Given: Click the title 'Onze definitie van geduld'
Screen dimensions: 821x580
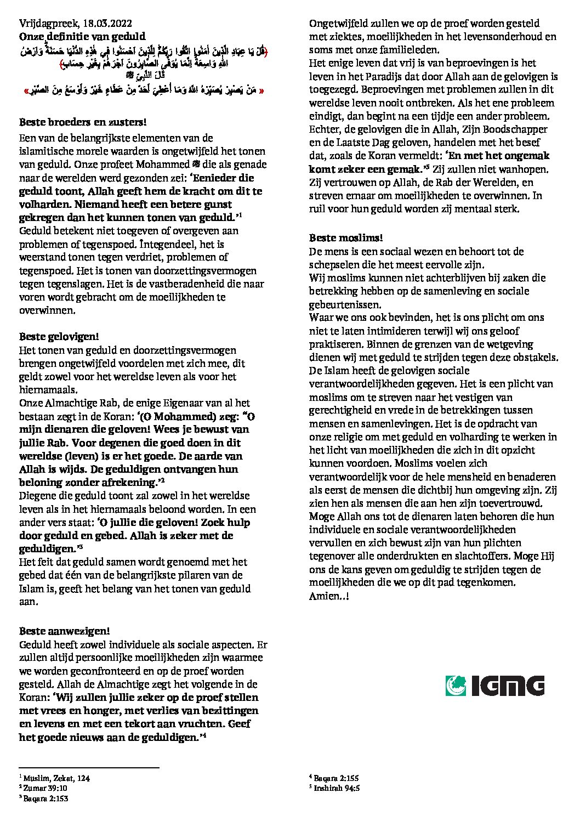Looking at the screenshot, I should click(x=82, y=37).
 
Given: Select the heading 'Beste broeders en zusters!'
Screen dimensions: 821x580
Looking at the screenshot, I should click(x=83, y=122).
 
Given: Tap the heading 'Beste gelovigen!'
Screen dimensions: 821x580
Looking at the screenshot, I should click(x=58, y=336).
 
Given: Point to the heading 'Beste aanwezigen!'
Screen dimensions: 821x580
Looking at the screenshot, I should click(x=65, y=631).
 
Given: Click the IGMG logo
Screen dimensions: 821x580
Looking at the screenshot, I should click(x=496, y=686).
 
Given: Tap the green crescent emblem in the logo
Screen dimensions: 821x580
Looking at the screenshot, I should click(x=456, y=686).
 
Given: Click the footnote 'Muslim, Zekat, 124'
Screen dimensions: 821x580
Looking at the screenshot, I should click(x=56, y=778).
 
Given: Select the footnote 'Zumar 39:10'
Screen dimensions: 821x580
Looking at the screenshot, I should click(x=45, y=788).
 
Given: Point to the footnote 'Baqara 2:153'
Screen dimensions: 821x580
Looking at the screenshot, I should click(x=46, y=799).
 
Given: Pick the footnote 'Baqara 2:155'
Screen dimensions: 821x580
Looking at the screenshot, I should click(x=337, y=778).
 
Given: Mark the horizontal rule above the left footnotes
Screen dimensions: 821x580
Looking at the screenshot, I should click(x=89, y=768).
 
